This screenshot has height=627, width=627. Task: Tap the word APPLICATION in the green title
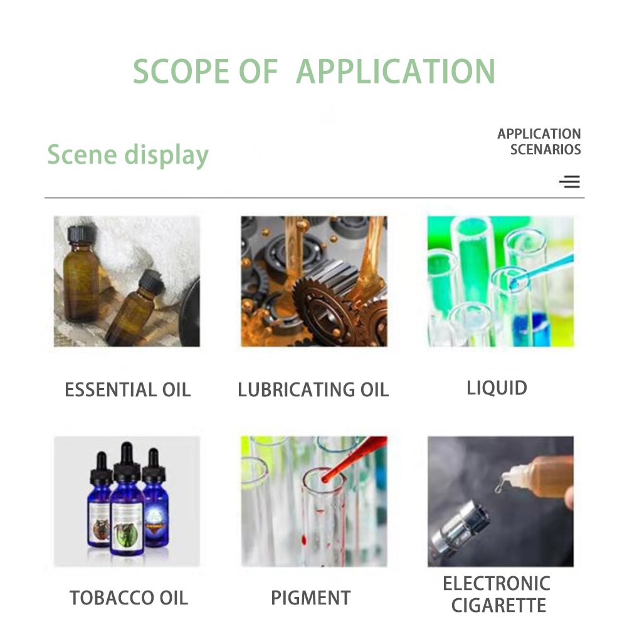396,71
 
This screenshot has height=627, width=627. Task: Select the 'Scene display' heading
128,155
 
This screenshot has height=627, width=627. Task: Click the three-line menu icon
569,182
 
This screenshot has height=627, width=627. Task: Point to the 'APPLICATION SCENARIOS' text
539,142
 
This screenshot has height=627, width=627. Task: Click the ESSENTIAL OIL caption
127,390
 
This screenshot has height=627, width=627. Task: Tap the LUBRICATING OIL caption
313,390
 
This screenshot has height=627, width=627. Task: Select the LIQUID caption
497,387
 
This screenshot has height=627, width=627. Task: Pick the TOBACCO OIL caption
129,598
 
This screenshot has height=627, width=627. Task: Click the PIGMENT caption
310,598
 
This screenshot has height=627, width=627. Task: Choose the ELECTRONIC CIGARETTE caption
497,594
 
